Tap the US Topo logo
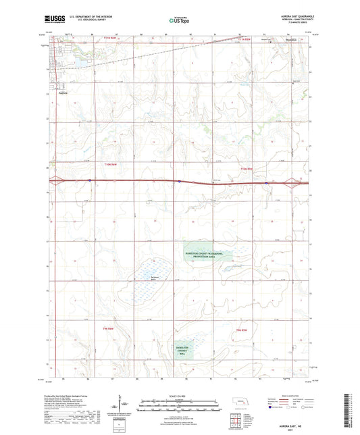pyautogui.click(x=179, y=21)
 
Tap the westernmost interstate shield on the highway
pyautogui.click(x=89, y=180)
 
